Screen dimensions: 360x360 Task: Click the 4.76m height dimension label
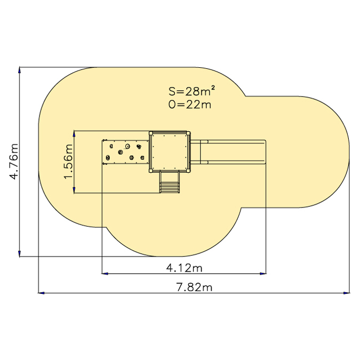13,162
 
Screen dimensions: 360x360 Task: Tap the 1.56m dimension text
68,162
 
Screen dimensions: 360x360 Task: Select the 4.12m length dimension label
184,268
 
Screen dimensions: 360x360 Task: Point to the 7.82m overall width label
194,287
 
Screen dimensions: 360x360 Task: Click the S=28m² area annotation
191,91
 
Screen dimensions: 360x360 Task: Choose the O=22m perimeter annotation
190,105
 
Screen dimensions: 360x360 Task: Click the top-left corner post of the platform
151,133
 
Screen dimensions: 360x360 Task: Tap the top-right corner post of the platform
188,133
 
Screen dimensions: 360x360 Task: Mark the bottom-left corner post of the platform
151,171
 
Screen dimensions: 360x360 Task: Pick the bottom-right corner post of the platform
188,171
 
